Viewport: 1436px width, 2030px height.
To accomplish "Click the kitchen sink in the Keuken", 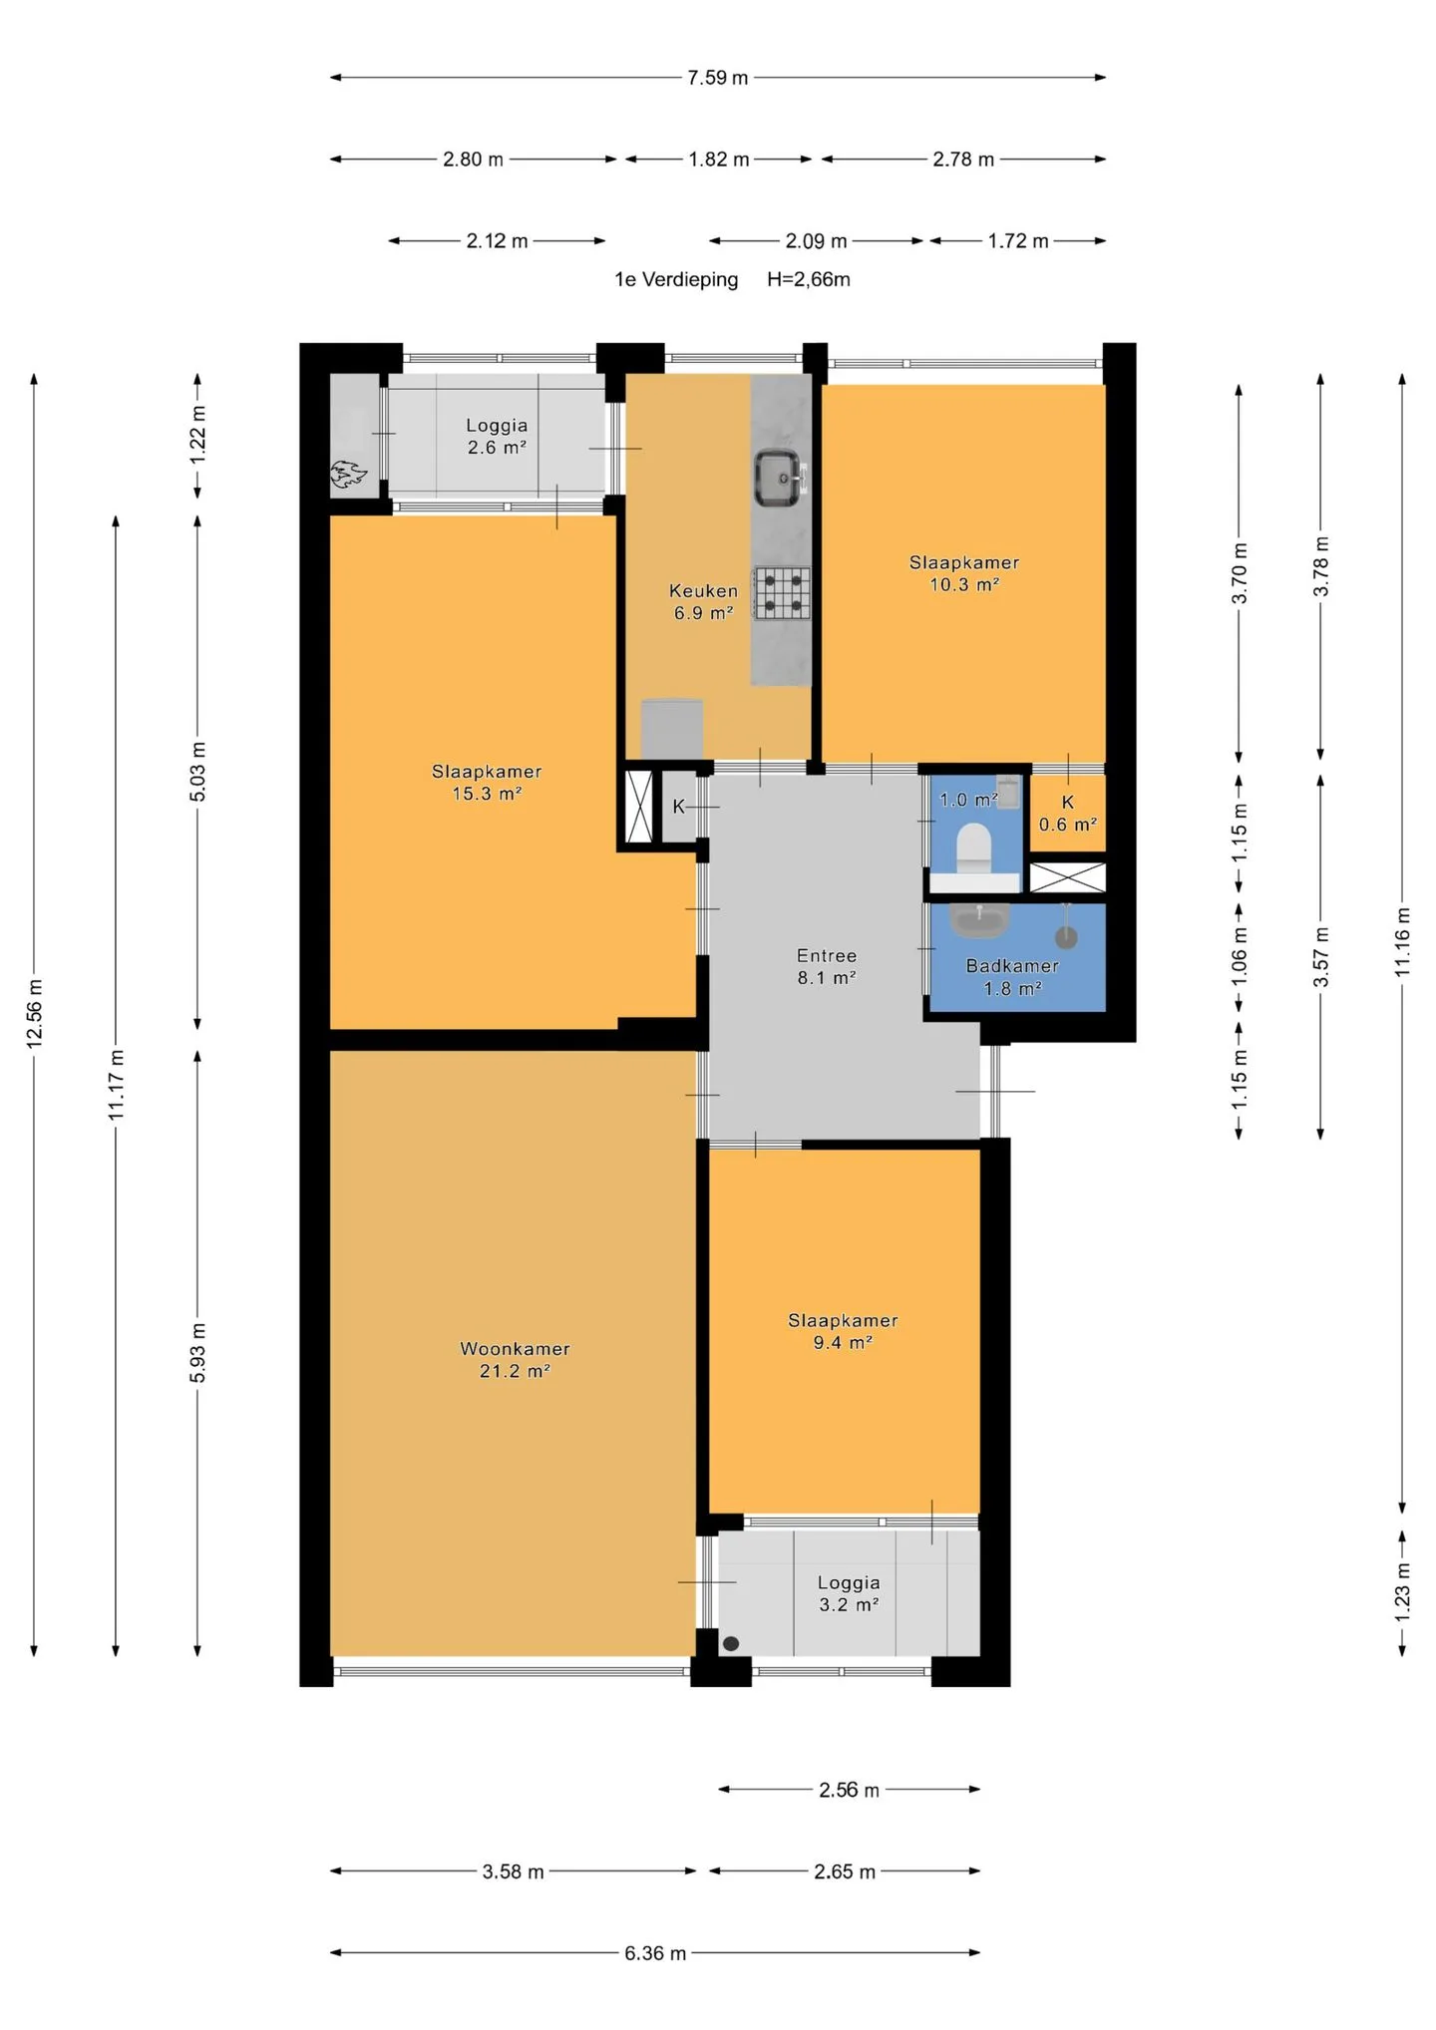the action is click(x=779, y=478).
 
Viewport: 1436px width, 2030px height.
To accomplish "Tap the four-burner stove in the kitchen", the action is click(x=781, y=593).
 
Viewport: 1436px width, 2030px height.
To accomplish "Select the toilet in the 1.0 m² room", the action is click(x=973, y=847).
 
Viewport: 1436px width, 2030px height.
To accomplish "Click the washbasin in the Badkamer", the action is click(x=979, y=919).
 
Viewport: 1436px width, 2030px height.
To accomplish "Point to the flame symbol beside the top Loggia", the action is click(x=348, y=474).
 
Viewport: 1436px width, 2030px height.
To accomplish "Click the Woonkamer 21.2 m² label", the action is click(x=515, y=1359).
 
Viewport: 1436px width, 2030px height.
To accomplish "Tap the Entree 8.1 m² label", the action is click(x=827, y=966).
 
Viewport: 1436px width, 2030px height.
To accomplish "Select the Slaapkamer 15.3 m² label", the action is click(x=487, y=782).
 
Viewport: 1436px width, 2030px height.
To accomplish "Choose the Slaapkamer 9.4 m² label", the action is click(x=843, y=1331).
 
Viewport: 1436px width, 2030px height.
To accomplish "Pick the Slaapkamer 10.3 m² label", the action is click(x=964, y=573).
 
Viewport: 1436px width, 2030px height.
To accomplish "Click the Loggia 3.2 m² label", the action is click(x=849, y=1593).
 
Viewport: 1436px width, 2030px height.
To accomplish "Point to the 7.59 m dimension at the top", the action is click(x=718, y=77).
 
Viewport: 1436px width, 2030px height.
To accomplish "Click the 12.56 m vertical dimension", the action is click(x=34, y=1015).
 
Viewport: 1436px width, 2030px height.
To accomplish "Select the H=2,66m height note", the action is click(x=809, y=280).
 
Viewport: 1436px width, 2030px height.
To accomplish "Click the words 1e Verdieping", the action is click(x=676, y=280).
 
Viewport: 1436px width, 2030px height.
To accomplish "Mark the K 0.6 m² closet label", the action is click(x=1068, y=814).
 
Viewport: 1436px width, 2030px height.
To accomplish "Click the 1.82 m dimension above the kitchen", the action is click(x=719, y=159).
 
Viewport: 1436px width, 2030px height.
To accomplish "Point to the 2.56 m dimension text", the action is click(x=850, y=1790).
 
